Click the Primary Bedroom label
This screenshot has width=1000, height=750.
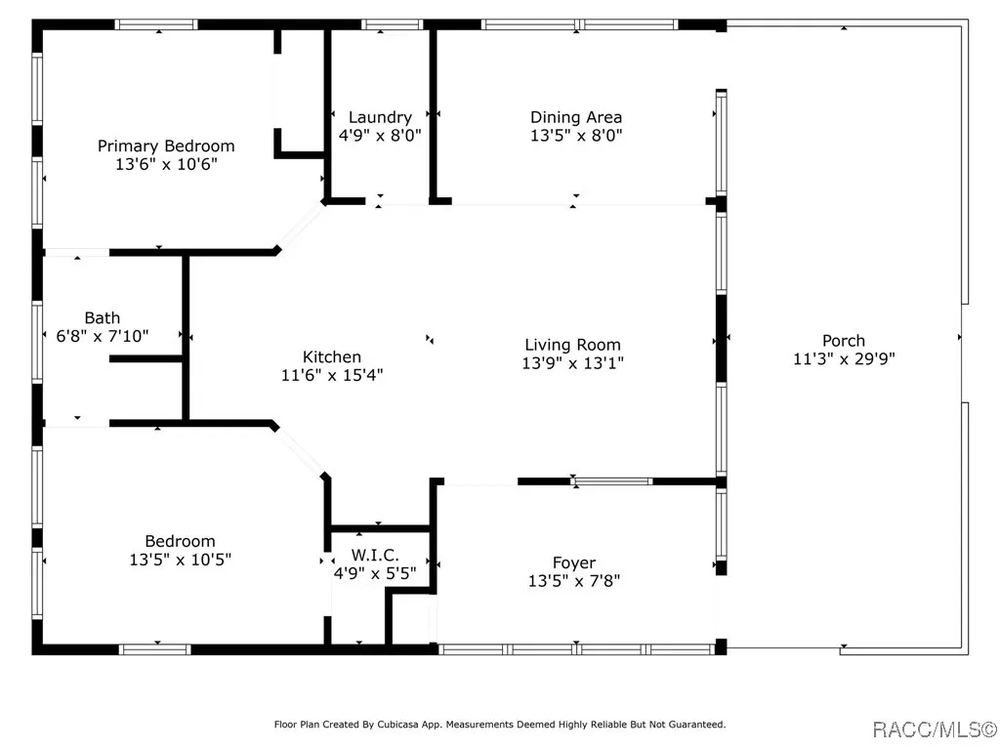pyautogui.click(x=166, y=146)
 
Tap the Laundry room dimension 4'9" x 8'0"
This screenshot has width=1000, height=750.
pyautogui.click(x=380, y=135)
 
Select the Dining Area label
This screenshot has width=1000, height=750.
pyautogui.click(x=576, y=117)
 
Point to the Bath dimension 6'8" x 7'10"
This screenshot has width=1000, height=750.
pyautogui.click(x=102, y=336)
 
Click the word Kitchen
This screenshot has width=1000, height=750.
pyautogui.click(x=332, y=356)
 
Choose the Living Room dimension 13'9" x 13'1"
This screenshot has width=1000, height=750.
pyautogui.click(x=572, y=363)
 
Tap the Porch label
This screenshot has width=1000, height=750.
pyautogui.click(x=843, y=341)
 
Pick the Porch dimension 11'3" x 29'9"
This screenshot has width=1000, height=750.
pyautogui.click(x=843, y=359)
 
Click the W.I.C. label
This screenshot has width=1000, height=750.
pyautogui.click(x=375, y=555)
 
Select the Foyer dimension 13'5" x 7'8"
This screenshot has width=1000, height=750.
pyautogui.click(x=574, y=581)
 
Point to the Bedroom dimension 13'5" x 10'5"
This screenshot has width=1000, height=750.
pyautogui.click(x=180, y=560)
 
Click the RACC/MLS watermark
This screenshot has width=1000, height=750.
pyautogui.click(x=934, y=729)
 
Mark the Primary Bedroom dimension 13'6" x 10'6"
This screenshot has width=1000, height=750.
pyautogui.click(x=166, y=164)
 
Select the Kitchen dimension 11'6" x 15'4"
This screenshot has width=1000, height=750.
pyautogui.click(x=332, y=375)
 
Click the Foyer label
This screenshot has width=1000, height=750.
pyautogui.click(x=574, y=562)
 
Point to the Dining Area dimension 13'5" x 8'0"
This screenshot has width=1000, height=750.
pyautogui.click(x=576, y=135)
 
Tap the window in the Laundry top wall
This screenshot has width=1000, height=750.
pyautogui.click(x=393, y=24)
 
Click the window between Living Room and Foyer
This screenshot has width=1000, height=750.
pyautogui.click(x=611, y=481)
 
